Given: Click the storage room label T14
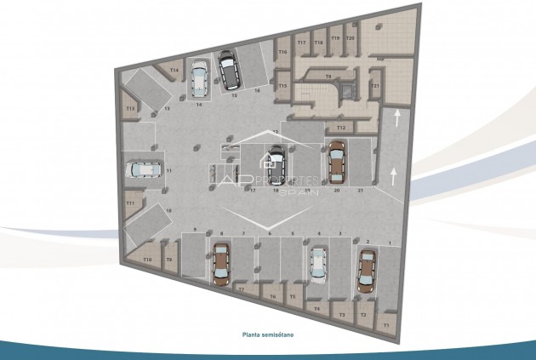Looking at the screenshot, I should tap(174, 70).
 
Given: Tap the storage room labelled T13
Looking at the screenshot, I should tap(130, 109).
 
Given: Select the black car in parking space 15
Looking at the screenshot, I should tap(227, 71).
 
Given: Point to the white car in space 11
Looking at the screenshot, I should tap(145, 169).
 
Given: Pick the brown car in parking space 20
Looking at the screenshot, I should tap(336, 163).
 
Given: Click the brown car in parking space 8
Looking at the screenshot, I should tap(221, 264).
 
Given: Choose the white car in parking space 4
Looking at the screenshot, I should tap(318, 264).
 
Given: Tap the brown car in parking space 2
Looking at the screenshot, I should tap(366, 271).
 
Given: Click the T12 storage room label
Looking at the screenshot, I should tap(340, 127).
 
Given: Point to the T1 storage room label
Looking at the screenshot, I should tap(385, 325).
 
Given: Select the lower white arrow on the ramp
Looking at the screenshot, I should tap(395, 176).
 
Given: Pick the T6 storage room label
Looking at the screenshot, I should tap(272, 296).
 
